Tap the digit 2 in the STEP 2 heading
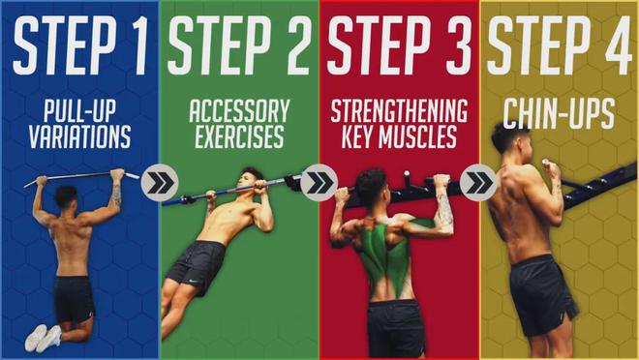(296, 45)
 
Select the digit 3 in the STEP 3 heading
(456, 45)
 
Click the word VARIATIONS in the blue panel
(79, 136)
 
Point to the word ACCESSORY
(240, 110)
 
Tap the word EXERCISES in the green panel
(240, 136)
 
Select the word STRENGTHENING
(399, 110)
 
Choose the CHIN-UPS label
(559, 114)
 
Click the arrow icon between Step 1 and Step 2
(160, 183)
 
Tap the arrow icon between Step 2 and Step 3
(319, 183)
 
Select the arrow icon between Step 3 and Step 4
(478, 183)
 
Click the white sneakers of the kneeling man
(44, 338)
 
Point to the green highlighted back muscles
(384, 255)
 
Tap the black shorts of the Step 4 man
(542, 295)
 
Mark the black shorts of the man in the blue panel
(75, 299)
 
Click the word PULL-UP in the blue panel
(79, 110)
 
